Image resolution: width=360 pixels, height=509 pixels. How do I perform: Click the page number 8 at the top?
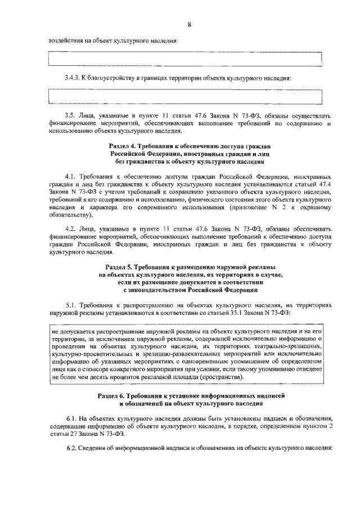(x=190, y=24)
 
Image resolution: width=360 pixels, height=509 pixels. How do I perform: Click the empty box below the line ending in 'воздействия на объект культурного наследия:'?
(x=186, y=59)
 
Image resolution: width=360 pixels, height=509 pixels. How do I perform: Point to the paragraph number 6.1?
(x=70, y=419)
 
